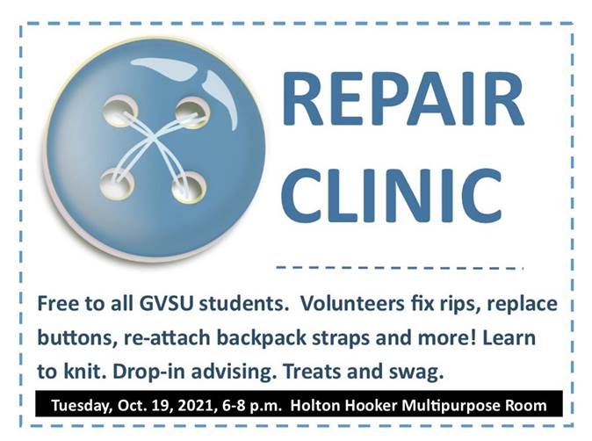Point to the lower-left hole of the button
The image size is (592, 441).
coord(114,184)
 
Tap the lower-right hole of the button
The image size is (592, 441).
coord(188,186)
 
